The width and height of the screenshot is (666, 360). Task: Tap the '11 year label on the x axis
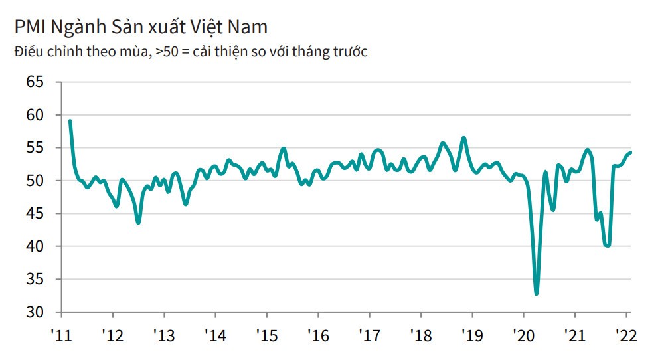click(x=62, y=335)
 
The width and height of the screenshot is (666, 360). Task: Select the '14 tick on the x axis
click(x=216, y=335)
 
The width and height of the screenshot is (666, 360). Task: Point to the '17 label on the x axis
click(x=369, y=335)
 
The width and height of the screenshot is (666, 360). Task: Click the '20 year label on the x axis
click(x=523, y=335)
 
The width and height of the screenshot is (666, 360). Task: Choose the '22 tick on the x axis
click(x=625, y=335)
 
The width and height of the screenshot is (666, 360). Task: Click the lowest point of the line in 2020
click(x=537, y=293)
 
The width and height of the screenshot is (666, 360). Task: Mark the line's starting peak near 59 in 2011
click(x=70, y=121)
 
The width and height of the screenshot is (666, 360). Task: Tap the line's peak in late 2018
click(x=463, y=138)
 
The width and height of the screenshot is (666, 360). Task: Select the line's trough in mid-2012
click(x=138, y=223)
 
